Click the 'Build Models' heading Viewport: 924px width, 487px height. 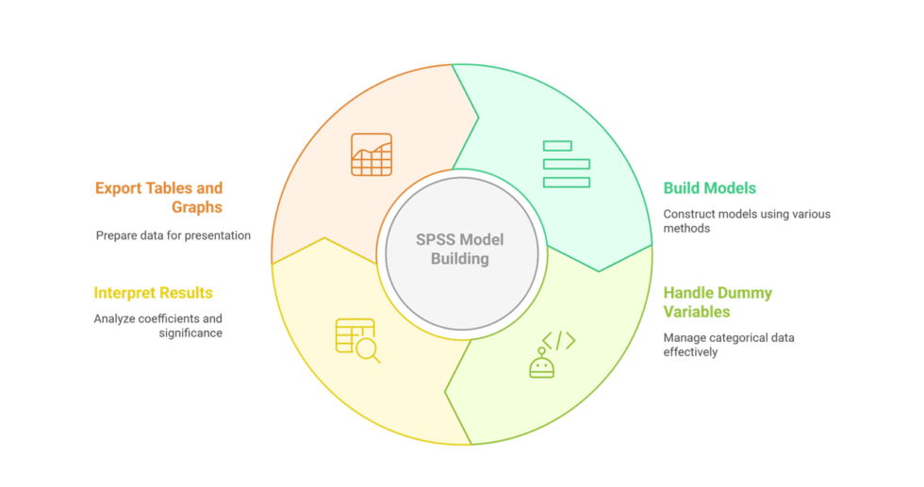tap(709, 188)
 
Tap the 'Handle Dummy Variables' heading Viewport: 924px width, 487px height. tap(717, 301)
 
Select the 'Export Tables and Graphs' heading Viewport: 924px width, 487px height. tap(158, 197)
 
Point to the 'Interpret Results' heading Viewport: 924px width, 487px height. tap(153, 293)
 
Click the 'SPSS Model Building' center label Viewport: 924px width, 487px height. tap(461, 249)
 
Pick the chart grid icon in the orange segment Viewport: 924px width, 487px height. tap(371, 154)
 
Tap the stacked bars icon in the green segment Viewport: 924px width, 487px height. tap(566, 164)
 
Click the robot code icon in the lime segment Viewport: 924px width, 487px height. tap(550, 354)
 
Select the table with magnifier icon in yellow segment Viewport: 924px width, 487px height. tap(357, 340)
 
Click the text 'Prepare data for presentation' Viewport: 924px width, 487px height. tap(173, 235)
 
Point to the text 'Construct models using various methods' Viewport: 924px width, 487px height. tap(746, 220)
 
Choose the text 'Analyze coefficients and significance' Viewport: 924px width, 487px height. tap(157, 325)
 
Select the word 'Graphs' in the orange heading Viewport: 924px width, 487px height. tap(197, 207)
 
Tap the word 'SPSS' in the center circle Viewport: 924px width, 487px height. tap(437, 239)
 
